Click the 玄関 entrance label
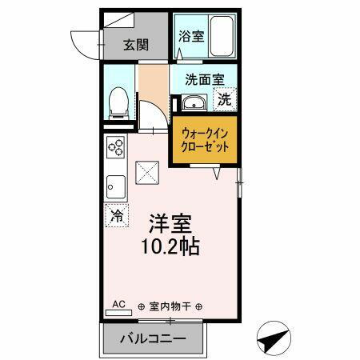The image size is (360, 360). (136, 45)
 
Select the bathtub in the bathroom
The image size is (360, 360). (219, 36)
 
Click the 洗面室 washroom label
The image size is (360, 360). (204, 79)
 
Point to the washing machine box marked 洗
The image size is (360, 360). (226, 100)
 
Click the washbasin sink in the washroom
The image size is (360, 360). (192, 102)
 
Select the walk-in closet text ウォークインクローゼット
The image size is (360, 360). (206, 142)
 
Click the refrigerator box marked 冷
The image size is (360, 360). (117, 215)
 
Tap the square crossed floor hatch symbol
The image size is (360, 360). (147, 172)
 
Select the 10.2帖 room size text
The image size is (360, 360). (171, 244)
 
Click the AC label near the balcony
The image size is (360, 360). (118, 304)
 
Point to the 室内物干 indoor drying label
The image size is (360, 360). (170, 306)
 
